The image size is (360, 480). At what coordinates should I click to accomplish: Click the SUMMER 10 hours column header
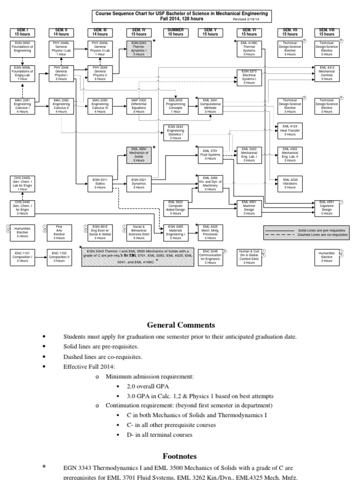175,32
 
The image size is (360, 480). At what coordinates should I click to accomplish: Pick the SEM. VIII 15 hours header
327,32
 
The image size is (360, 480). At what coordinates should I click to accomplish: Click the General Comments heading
181,324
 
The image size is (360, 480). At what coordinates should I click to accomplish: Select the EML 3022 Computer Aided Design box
175,208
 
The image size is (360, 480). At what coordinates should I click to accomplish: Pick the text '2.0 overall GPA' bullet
148,385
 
